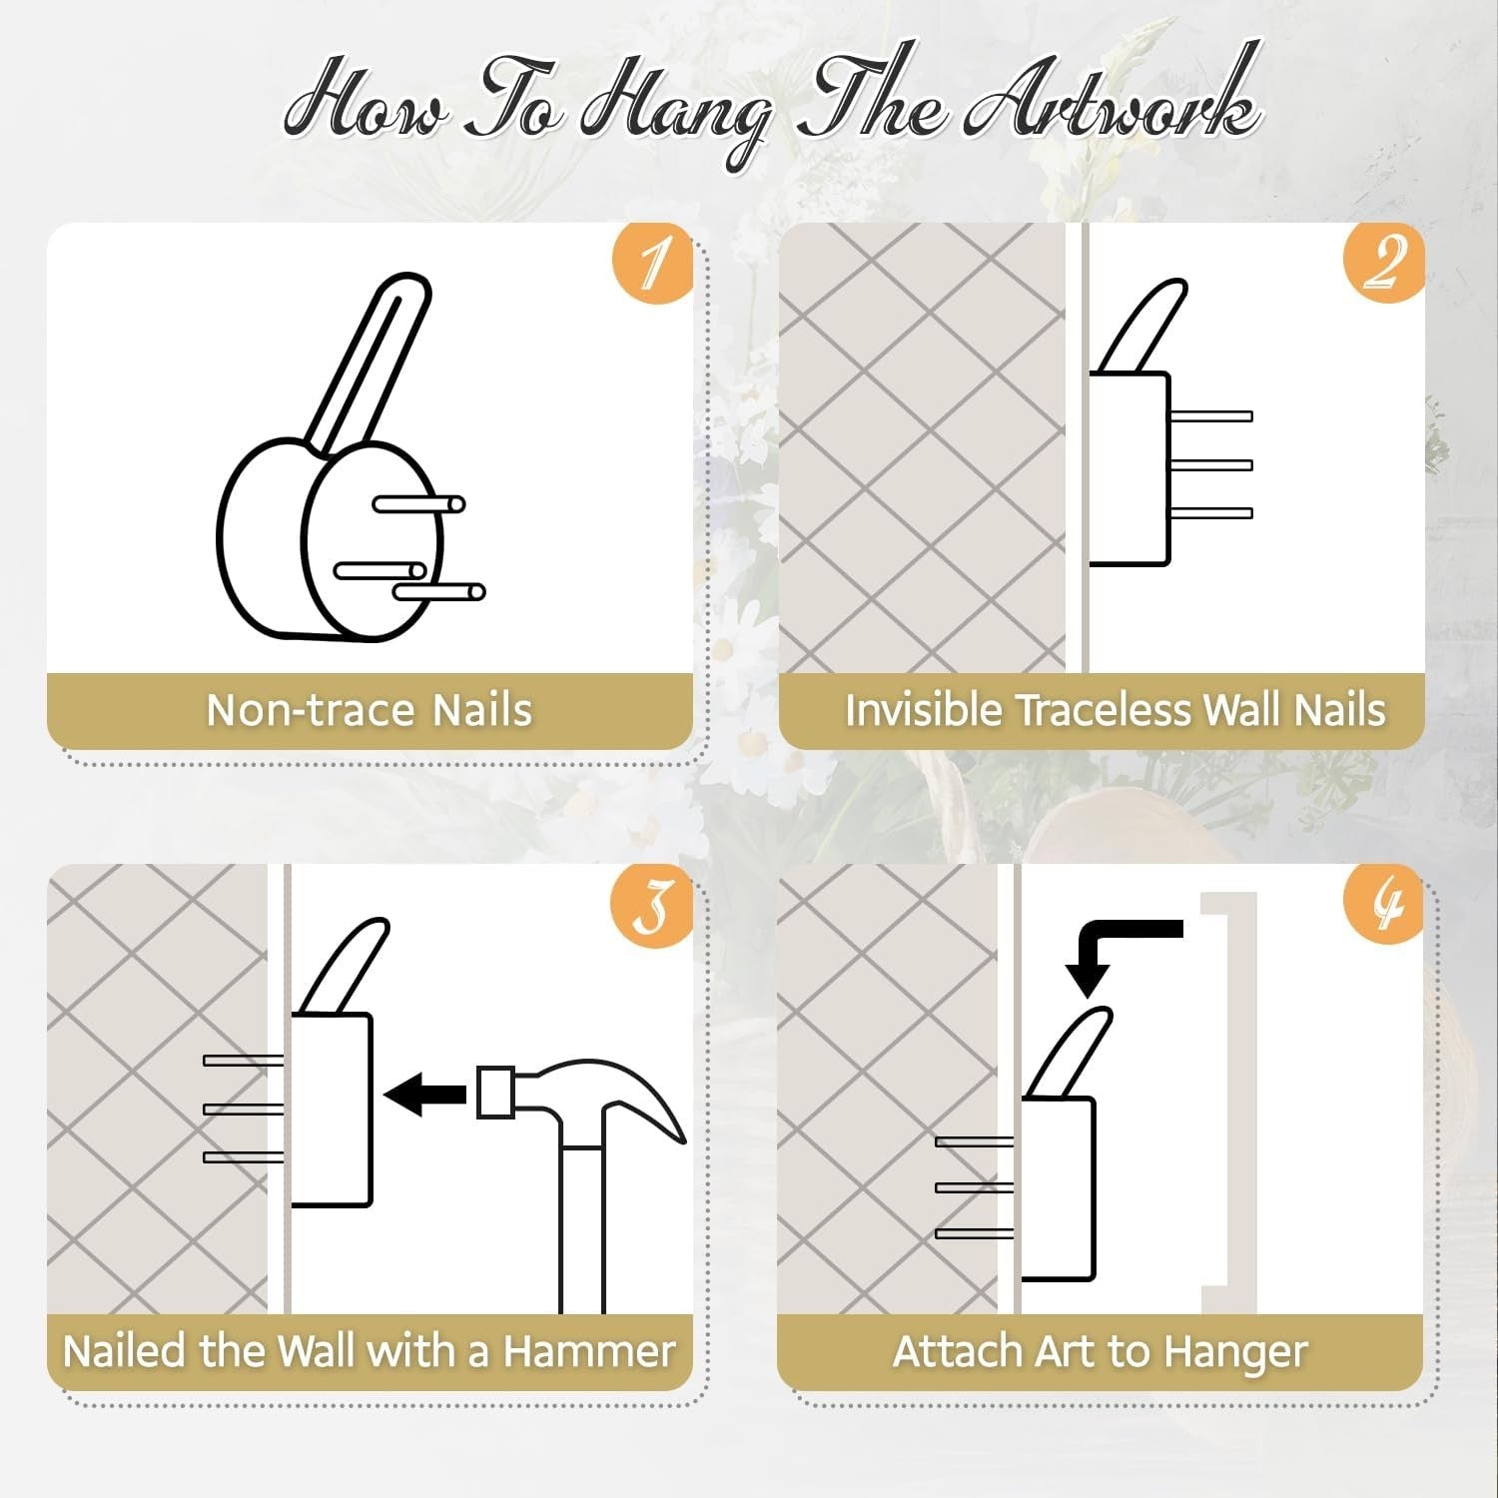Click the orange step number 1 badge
(652, 262)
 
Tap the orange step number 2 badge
(1383, 262)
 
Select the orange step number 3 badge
(652, 905)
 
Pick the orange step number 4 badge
(1383, 905)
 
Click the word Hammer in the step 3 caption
(589, 1351)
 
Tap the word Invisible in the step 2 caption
(924, 710)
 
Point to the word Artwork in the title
(1114, 105)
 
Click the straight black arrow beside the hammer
(425, 1095)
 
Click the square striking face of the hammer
(495, 1093)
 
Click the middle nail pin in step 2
(1210, 464)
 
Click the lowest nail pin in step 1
(438, 592)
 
